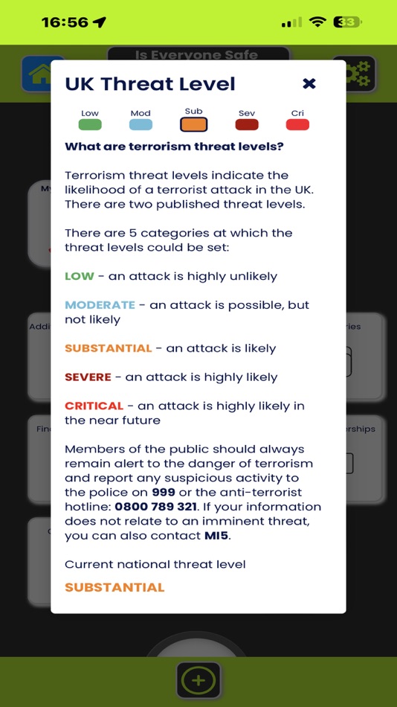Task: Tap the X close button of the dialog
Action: (309, 83)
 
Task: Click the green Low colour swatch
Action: (90, 125)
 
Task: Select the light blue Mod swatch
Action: (141, 125)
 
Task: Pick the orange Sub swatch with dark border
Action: (193, 124)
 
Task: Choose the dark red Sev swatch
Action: (247, 125)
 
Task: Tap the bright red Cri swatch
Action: (297, 125)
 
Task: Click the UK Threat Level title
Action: (150, 84)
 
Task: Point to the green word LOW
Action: (80, 276)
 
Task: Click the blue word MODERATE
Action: (100, 305)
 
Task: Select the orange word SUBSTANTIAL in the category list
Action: (108, 348)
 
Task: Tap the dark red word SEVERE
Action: (88, 377)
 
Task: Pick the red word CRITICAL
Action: (94, 406)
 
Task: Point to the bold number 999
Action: (163, 493)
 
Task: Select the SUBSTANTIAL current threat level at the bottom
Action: (114, 587)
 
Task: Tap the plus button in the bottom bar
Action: (198, 679)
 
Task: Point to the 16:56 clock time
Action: (65, 22)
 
